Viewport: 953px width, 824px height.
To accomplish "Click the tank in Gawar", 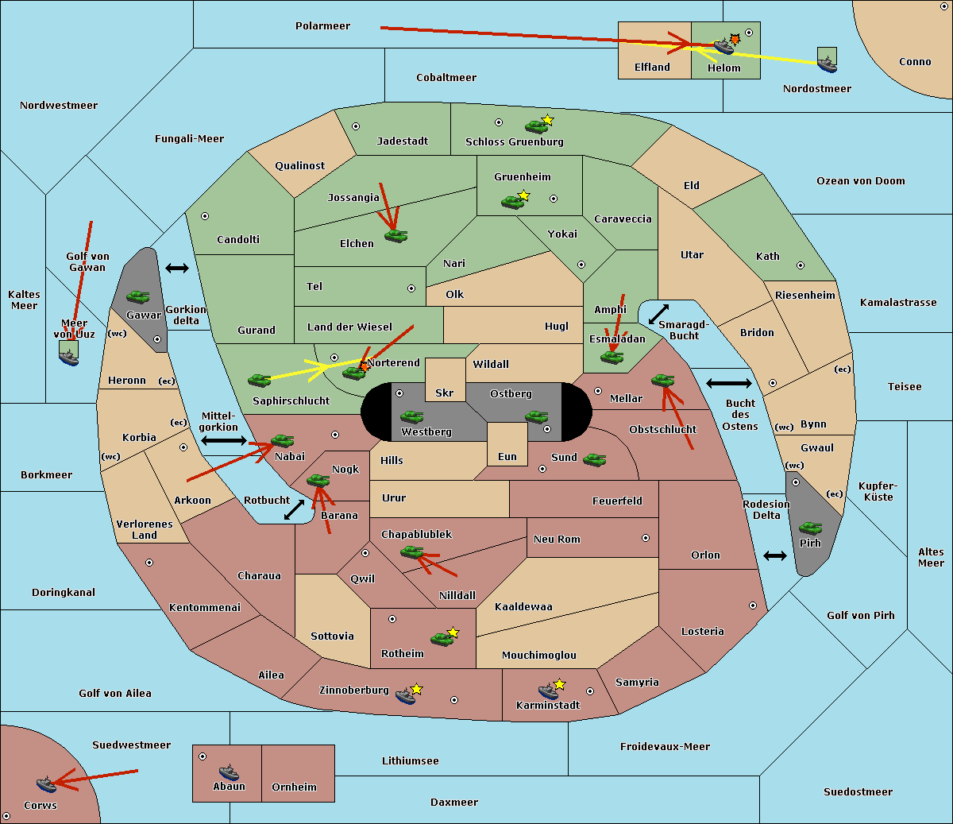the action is coord(138,296).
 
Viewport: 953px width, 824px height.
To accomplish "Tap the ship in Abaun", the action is coord(230,772).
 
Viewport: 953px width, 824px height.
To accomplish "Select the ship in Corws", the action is coord(47,784).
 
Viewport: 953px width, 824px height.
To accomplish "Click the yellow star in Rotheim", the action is coord(453,632).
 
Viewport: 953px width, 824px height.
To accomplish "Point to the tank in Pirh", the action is coord(810,528).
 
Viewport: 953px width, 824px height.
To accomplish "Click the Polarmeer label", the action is coord(322,26).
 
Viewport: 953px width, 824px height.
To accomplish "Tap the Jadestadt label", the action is coord(403,141).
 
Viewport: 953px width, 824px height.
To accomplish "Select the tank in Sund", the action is coord(594,459).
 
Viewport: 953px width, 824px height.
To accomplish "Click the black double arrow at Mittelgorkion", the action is coord(224,440).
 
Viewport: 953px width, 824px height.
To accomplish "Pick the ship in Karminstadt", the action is coord(548,691).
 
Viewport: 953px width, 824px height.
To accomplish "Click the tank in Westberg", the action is coord(411,416).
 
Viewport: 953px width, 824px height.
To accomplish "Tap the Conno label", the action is coord(915,61).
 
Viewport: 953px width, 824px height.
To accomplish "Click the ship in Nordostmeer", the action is coord(828,64).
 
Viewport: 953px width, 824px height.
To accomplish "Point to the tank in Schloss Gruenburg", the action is coord(536,126).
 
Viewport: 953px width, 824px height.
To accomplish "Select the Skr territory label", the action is coord(445,393).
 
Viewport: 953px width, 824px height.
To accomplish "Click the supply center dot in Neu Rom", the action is coord(646,538).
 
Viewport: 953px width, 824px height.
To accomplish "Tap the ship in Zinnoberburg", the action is coord(406,696).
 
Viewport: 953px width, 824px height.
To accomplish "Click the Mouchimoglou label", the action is coord(539,655).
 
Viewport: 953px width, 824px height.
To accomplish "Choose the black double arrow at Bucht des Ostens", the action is coord(729,383).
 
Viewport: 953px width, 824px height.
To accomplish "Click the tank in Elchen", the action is coord(396,236).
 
